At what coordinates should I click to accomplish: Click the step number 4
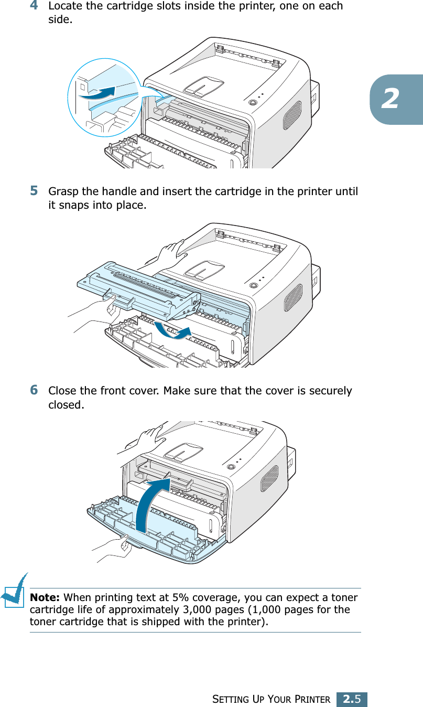pos(34,6)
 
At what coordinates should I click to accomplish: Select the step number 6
pos(34,390)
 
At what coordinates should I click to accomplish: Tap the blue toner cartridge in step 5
pos(139,288)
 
